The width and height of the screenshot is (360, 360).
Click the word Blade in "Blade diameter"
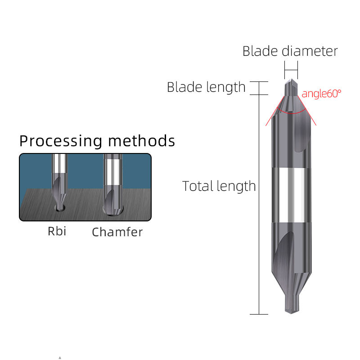(x=260, y=51)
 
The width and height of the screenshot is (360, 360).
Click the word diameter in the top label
(x=310, y=51)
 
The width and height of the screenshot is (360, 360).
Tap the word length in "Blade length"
(x=225, y=87)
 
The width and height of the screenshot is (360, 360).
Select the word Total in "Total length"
(x=198, y=186)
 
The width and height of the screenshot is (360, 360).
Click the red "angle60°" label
(x=321, y=94)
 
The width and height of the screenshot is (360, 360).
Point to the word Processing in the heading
(x=61, y=141)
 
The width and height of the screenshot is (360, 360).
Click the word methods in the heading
(x=141, y=140)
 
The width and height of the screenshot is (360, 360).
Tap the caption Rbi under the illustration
(x=57, y=231)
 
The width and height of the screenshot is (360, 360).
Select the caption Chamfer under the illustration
(x=117, y=232)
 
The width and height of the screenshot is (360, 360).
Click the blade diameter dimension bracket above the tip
(x=291, y=70)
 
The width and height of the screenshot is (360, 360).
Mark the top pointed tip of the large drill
(x=291, y=79)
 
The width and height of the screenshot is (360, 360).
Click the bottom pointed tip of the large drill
(x=291, y=313)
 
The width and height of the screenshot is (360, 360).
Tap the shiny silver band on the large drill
(x=291, y=195)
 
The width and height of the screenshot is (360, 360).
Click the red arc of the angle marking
(x=292, y=112)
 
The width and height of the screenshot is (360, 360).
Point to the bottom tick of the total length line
(x=259, y=314)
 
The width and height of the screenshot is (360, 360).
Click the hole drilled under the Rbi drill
(x=60, y=208)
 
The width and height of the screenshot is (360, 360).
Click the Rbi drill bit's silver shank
(x=59, y=163)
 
